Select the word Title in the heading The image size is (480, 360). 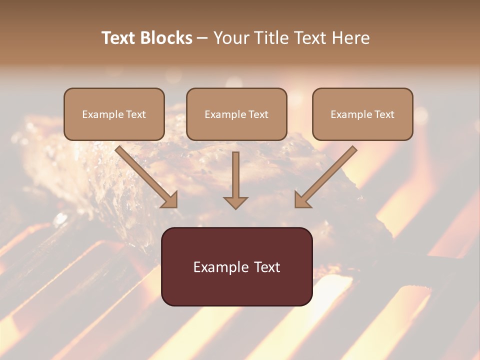270,38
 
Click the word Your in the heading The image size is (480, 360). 231,38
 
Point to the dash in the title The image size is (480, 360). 203,38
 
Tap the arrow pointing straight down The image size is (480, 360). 235,177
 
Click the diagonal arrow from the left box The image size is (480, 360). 145,175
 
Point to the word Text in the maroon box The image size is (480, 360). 268,267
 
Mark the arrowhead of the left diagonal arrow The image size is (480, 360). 170,199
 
